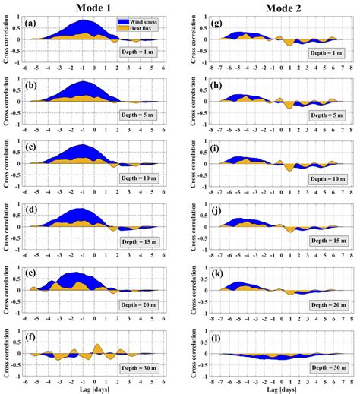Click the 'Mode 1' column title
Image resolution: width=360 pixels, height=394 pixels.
[96, 8]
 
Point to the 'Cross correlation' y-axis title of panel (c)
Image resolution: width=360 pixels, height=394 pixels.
[6, 164]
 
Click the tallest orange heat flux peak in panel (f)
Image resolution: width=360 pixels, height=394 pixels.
[98, 348]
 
